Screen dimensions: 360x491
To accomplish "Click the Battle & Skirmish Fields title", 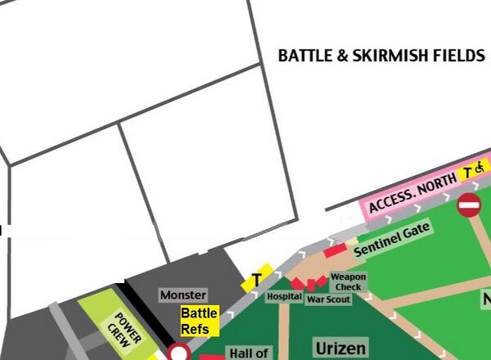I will tap(381, 56).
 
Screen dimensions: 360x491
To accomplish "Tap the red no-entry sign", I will tap(469, 205).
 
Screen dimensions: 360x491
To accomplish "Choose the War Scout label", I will tap(328, 299).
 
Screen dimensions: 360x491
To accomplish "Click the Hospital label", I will tap(284, 296).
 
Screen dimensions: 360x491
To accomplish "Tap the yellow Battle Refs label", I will tap(200, 322).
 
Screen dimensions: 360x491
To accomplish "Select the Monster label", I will tap(183, 295).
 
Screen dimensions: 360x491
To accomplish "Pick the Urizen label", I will tap(340, 349).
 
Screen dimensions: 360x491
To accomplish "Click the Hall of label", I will tap(249, 353).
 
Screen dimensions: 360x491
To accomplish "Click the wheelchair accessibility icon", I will tap(480, 168).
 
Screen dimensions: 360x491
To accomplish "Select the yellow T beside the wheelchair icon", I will tap(468, 172).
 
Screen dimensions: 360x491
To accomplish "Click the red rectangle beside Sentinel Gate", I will tap(336, 249).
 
